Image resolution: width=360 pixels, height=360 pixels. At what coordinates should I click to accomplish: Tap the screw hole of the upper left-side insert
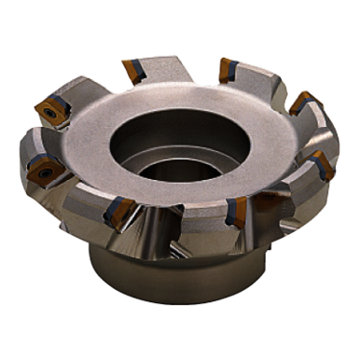pos(44,113)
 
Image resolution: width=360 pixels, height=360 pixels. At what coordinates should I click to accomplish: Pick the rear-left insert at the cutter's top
pos(132,69)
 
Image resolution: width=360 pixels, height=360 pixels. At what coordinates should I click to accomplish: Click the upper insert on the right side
pos(298,103)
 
